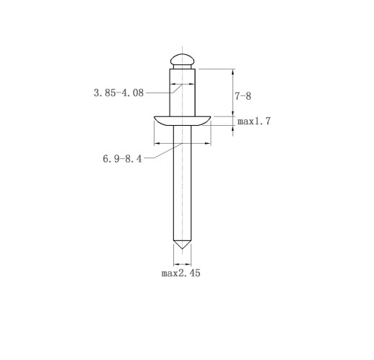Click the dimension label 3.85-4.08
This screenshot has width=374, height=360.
pyautogui.click(x=118, y=93)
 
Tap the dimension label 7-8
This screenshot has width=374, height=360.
pyautogui.click(x=243, y=96)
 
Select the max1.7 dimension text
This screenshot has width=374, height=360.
pyautogui.click(x=254, y=121)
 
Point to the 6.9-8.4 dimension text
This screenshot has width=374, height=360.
pyautogui.click(x=122, y=159)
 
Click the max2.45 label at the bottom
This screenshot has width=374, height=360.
pyautogui.click(x=181, y=273)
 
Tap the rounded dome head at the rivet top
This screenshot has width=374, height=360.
pyautogui.click(x=182, y=59)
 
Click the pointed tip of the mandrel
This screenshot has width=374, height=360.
pyautogui.click(x=182, y=249)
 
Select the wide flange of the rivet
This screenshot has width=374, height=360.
pyautogui.click(x=182, y=121)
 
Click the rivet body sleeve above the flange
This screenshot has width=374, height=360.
pyautogui.click(x=182, y=93)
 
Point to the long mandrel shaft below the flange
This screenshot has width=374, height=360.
pyautogui.click(x=182, y=183)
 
